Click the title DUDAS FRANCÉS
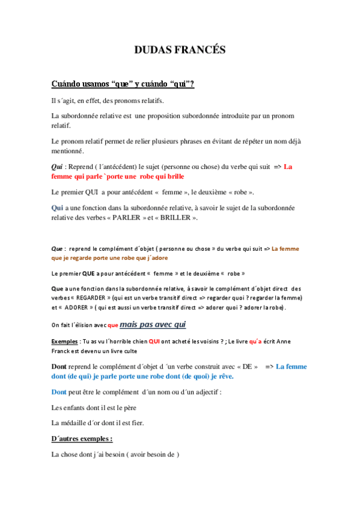(x=180, y=50)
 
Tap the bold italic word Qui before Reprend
(x=58, y=167)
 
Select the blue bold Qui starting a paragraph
(x=58, y=207)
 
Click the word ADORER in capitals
(x=76, y=307)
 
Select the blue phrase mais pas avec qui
(x=153, y=325)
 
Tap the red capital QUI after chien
(x=153, y=341)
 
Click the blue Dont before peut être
(x=59, y=392)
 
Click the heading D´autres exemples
(x=82, y=439)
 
